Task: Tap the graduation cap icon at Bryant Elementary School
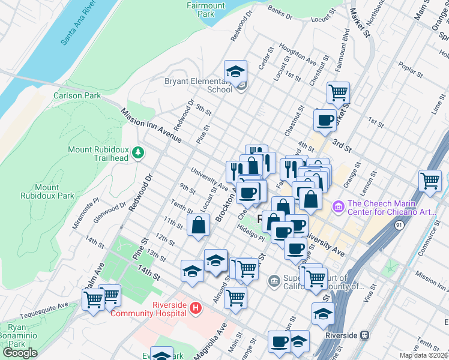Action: click(x=236, y=72)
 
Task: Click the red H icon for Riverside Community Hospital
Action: click(x=194, y=308)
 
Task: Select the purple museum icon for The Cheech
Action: click(x=338, y=206)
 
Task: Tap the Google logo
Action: click(x=20, y=353)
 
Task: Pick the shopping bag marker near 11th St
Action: click(x=198, y=226)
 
